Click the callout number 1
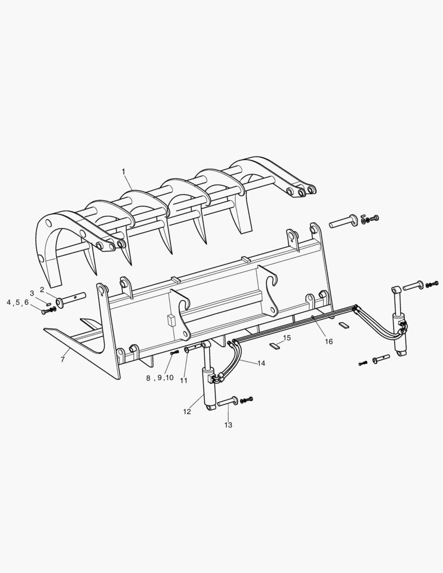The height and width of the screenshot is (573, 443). (x=123, y=171)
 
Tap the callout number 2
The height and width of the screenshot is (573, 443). (x=42, y=290)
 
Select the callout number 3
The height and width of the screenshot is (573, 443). (x=32, y=293)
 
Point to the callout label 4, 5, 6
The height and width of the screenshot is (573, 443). (x=18, y=302)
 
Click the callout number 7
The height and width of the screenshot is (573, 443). (x=63, y=359)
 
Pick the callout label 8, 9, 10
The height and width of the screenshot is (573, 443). (x=160, y=378)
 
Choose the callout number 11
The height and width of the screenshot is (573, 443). (x=184, y=380)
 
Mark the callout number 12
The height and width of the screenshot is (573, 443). (x=187, y=412)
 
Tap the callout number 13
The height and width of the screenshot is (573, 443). (x=228, y=425)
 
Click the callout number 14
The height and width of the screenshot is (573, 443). (x=261, y=363)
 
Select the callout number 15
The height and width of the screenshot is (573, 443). (x=286, y=337)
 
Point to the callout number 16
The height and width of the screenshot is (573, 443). (x=329, y=342)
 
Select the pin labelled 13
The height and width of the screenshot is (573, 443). (x=227, y=402)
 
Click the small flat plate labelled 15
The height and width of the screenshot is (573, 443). (x=274, y=346)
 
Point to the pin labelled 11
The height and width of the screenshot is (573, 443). (x=194, y=349)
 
